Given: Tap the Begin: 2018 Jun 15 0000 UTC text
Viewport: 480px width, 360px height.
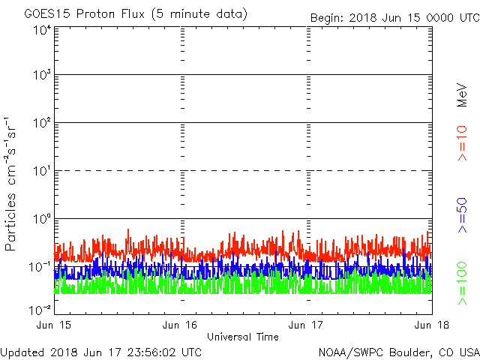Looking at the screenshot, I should click(394, 17).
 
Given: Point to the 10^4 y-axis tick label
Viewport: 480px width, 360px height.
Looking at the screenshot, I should click(41, 30).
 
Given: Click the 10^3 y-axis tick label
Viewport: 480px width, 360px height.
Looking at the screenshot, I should click(41, 76).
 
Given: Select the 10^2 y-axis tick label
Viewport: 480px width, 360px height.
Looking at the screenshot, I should click(41, 124).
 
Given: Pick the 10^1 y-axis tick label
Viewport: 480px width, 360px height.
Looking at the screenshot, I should click(41, 171).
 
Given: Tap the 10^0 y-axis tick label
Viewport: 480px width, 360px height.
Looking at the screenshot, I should click(41, 219).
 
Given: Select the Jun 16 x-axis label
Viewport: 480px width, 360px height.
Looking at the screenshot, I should click(181, 324).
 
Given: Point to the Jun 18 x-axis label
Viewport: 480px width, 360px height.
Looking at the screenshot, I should click(432, 324).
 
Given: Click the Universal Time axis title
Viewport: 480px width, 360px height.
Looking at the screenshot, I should click(243, 337).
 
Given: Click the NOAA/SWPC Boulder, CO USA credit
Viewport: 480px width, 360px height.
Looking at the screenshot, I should click(398, 351).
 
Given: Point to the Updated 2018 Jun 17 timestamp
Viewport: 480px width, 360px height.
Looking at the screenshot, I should click(101, 351).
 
